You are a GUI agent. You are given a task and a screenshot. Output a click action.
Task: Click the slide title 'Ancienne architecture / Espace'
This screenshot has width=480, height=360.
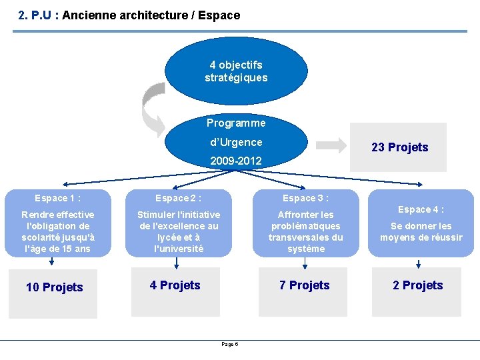click(x=151, y=15)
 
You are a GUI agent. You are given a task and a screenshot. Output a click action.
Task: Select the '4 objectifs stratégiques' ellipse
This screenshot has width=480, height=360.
click(x=236, y=71)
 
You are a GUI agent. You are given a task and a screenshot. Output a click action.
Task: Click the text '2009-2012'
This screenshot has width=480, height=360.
click(x=236, y=161)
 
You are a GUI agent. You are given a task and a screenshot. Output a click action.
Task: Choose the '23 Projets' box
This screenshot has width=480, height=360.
click(x=399, y=147)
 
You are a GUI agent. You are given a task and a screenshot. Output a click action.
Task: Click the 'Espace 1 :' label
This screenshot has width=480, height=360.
click(x=58, y=198)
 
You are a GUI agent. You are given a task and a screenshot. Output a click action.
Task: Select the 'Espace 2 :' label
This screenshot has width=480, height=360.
click(x=178, y=198)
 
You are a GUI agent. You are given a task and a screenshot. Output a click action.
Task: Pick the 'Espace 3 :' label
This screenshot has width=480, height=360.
click(x=305, y=198)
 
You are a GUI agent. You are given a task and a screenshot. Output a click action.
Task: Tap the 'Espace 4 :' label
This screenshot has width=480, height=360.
click(x=421, y=209)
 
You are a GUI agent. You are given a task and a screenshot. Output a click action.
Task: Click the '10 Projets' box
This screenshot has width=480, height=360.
click(x=55, y=287)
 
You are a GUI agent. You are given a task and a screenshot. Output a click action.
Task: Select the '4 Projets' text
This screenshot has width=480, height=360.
click(x=175, y=285)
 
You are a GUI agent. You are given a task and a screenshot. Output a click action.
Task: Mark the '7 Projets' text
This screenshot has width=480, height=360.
click(x=304, y=285)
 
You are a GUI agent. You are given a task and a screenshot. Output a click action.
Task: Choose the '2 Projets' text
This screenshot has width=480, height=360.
click(x=417, y=285)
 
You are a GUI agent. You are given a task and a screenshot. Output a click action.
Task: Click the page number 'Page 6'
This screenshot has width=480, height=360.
click(x=230, y=344)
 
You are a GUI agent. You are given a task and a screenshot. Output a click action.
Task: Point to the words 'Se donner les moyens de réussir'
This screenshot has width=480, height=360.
click(x=421, y=232)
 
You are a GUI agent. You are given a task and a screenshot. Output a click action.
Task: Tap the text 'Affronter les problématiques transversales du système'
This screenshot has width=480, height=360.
click(x=305, y=232)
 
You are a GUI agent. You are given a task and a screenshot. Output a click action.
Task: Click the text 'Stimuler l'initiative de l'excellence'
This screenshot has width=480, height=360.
click(x=178, y=221)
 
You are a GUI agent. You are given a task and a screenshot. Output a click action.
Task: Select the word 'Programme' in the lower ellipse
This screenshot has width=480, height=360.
click(x=236, y=123)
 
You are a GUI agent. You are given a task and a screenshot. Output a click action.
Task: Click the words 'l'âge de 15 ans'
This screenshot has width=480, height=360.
click(x=58, y=249)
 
